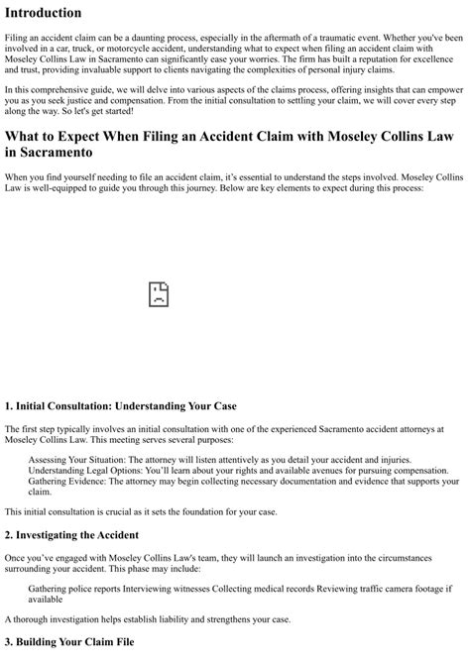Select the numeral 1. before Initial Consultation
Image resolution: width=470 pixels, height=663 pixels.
(10, 406)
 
